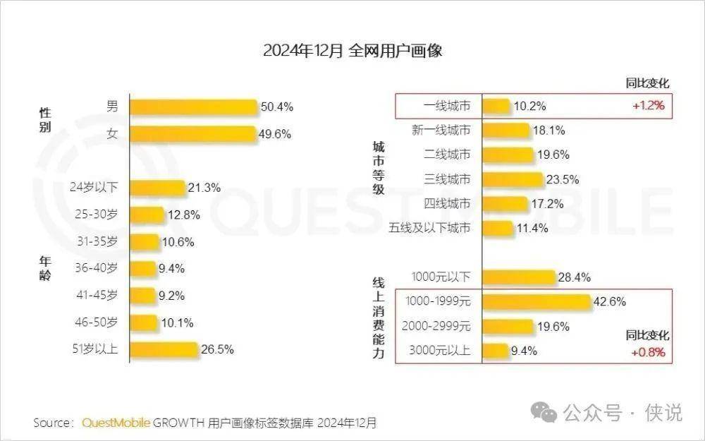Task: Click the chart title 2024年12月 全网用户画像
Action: [352, 52]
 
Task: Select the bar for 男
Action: [193, 107]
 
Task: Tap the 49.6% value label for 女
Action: [275, 134]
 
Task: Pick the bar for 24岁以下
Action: [158, 188]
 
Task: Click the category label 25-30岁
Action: [97, 214]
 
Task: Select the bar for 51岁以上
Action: [164, 349]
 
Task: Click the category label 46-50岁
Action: [97, 322]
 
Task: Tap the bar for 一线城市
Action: [496, 106]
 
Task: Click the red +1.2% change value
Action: [648, 106]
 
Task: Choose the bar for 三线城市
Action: [513, 179]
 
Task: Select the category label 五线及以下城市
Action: [429, 228]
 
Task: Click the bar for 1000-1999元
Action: [537, 302]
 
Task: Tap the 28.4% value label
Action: [574, 277]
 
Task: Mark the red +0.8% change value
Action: [648, 352]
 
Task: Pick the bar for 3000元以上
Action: [495, 351]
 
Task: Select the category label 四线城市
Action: [447, 204]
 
